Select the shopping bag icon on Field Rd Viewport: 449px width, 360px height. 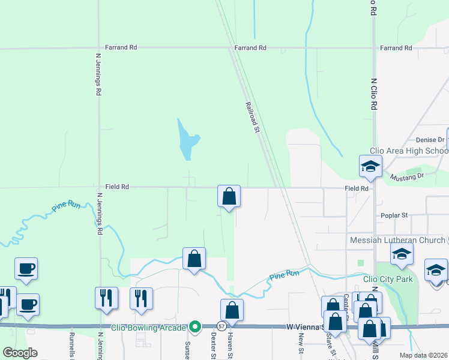point(229,196)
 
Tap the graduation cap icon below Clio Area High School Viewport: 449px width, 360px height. point(370,167)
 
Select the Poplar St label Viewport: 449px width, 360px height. point(394,215)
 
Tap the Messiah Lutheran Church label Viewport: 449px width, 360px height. point(397,240)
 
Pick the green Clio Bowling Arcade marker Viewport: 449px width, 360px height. point(194,327)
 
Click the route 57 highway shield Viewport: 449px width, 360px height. point(221,326)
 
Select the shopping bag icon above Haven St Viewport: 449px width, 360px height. point(232,311)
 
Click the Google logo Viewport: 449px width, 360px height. point(20,353)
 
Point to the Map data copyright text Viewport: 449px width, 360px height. point(423,355)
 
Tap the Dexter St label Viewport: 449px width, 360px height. point(213,347)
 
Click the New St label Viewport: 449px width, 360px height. point(301,344)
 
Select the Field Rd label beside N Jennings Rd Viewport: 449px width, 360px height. point(117,187)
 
